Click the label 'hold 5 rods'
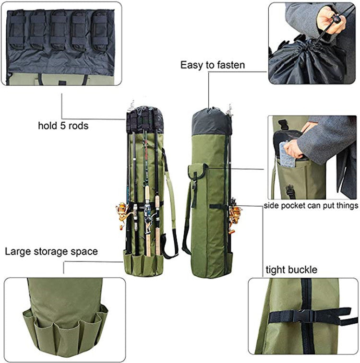coord(63,126)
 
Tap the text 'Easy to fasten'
coord(213,65)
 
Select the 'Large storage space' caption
coord(51,251)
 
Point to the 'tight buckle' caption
coord(291,269)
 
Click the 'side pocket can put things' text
coord(311,206)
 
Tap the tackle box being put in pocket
coord(287,154)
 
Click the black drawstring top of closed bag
coord(211,122)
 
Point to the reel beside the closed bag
coord(235,216)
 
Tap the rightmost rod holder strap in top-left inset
coord(100,30)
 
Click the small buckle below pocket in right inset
coord(289,191)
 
